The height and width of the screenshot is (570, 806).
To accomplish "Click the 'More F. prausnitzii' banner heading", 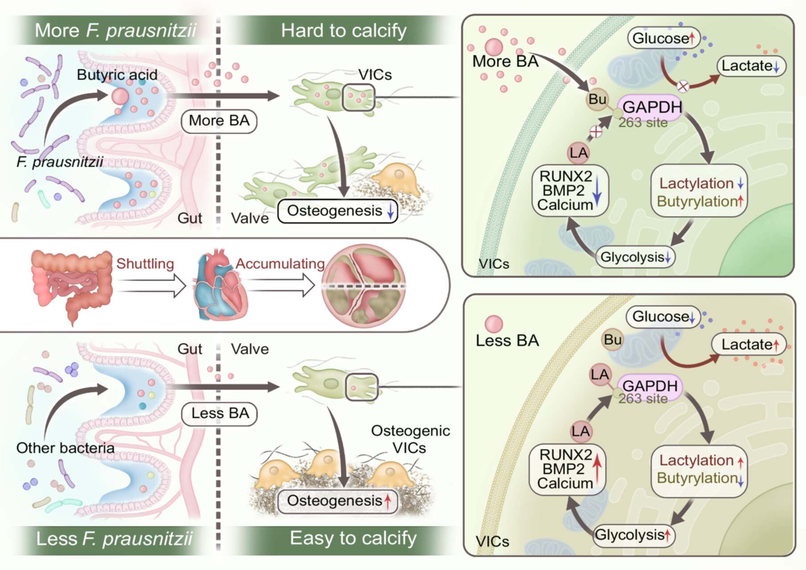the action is pyautogui.click(x=115, y=30).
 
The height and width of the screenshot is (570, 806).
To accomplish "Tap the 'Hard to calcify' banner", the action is pyautogui.click(x=344, y=30).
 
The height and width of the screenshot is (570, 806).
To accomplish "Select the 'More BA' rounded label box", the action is pyautogui.click(x=219, y=121).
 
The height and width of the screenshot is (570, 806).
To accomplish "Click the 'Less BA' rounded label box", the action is pyautogui.click(x=220, y=413).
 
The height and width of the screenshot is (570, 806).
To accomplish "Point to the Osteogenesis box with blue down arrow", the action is pyautogui.click(x=338, y=211).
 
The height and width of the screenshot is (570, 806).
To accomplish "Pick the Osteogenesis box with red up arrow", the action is pyautogui.click(x=338, y=501).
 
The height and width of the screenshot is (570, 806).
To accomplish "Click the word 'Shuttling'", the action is pyautogui.click(x=145, y=264).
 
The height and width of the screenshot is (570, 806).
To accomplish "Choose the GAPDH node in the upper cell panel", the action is pyautogui.click(x=651, y=108).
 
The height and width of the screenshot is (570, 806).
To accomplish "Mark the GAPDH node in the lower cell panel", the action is pyautogui.click(x=650, y=387).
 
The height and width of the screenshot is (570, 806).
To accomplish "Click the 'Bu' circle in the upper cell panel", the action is pyautogui.click(x=597, y=99).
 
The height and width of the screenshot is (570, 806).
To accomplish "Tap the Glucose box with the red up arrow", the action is pyautogui.click(x=664, y=38).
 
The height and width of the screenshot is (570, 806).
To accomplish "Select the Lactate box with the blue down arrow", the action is pyautogui.click(x=751, y=66).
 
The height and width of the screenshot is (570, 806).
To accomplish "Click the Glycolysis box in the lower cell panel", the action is pyautogui.click(x=634, y=535).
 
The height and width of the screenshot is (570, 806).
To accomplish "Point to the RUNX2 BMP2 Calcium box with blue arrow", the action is pyautogui.click(x=570, y=191).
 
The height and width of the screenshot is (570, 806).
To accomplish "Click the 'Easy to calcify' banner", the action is pyautogui.click(x=353, y=538).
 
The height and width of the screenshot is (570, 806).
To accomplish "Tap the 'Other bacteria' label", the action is pyautogui.click(x=65, y=448).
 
